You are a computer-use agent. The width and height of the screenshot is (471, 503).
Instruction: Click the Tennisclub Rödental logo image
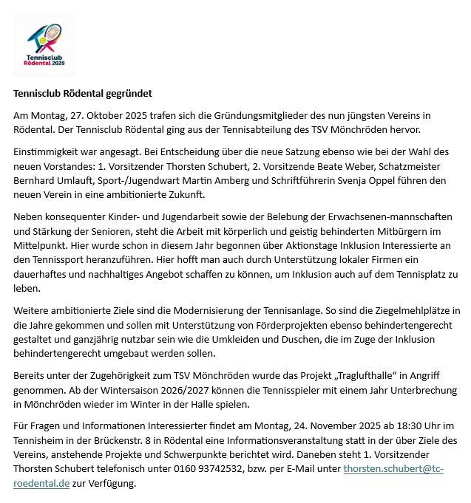[x=44, y=45]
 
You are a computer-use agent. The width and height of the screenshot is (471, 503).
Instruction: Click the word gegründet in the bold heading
[x=127, y=94]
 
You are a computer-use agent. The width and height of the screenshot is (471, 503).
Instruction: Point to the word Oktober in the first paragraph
[x=114, y=116]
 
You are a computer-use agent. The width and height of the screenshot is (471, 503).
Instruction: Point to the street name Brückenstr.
[x=112, y=441]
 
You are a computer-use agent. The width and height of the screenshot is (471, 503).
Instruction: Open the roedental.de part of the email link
[x=41, y=483]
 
